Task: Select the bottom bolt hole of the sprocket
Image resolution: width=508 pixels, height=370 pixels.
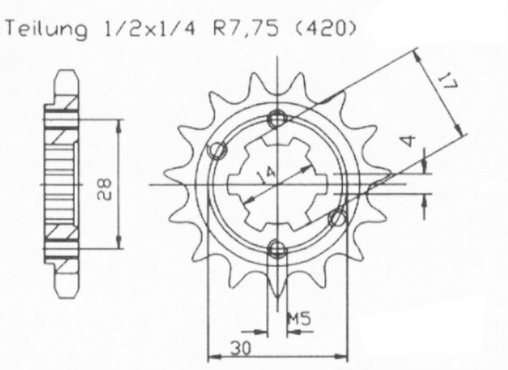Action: point(277,248)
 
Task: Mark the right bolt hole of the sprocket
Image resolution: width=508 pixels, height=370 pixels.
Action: point(337,218)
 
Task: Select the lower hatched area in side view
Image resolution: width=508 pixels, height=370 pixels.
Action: point(63,232)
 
